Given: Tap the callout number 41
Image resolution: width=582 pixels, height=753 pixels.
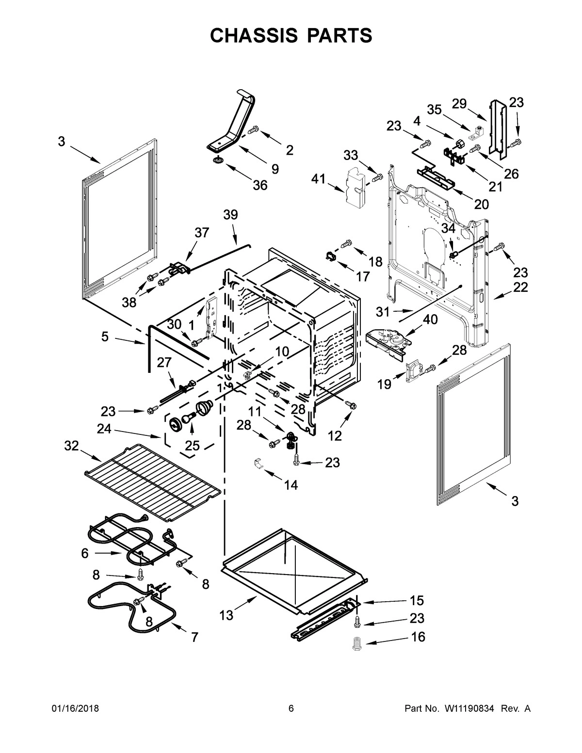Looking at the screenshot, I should click(318, 179).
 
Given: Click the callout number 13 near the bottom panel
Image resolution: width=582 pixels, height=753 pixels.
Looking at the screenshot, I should click(226, 615).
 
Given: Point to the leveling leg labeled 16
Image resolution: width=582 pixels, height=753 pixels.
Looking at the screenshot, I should click(358, 643).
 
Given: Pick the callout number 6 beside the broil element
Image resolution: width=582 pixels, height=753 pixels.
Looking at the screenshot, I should click(85, 553).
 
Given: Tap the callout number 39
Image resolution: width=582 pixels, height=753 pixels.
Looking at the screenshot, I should click(231, 215).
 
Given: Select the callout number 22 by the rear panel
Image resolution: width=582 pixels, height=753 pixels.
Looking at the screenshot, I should click(520, 287).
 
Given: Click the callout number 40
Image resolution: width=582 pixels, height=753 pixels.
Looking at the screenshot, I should click(430, 320).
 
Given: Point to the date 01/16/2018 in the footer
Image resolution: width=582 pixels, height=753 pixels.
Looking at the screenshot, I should click(75, 708).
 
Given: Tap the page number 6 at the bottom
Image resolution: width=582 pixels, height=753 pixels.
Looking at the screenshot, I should click(291, 708).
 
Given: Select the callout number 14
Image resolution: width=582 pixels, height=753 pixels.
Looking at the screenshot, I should click(291, 484).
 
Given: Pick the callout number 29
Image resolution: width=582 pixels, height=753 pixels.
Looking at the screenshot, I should click(459, 103).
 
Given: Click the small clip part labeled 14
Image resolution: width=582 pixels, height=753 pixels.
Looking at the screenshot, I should click(259, 463).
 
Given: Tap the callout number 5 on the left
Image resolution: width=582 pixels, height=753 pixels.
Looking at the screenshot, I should click(105, 336).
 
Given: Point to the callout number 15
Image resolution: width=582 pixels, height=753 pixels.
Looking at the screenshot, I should click(417, 600).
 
